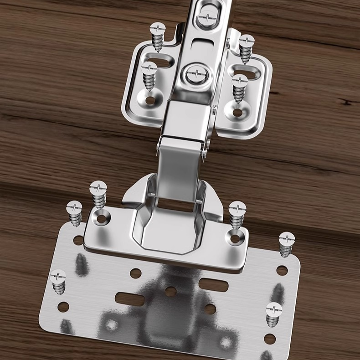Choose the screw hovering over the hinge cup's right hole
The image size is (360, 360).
[237, 214]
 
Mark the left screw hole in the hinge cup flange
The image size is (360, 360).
[101, 218]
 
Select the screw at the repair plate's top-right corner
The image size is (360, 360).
[287, 244]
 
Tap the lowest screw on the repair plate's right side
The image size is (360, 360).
[273, 314]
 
